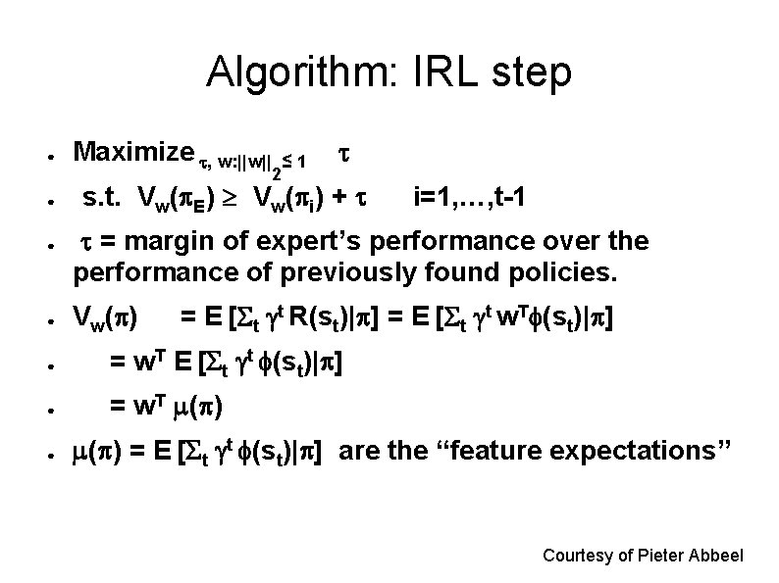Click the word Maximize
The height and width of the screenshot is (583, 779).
134,152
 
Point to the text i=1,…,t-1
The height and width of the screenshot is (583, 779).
475,199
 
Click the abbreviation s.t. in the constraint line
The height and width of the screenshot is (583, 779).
104,199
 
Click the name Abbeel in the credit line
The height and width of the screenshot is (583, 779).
717,556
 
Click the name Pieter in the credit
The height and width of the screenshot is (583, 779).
661,556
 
